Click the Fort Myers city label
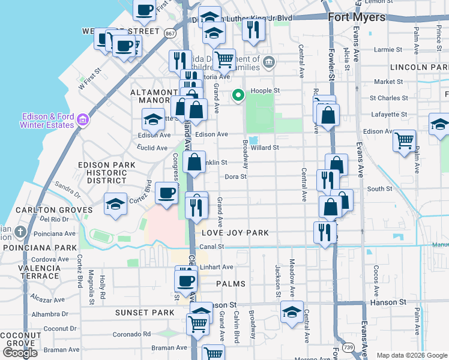click(x=357, y=17)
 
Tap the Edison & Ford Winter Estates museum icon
click(x=82, y=121)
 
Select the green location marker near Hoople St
click(x=238, y=95)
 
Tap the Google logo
click(x=20, y=353)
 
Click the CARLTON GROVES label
click(x=46, y=210)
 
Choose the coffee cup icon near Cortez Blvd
click(x=166, y=193)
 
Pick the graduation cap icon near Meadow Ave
click(x=292, y=312)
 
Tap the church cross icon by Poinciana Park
click(x=21, y=232)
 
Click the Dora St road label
click(x=235, y=177)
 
